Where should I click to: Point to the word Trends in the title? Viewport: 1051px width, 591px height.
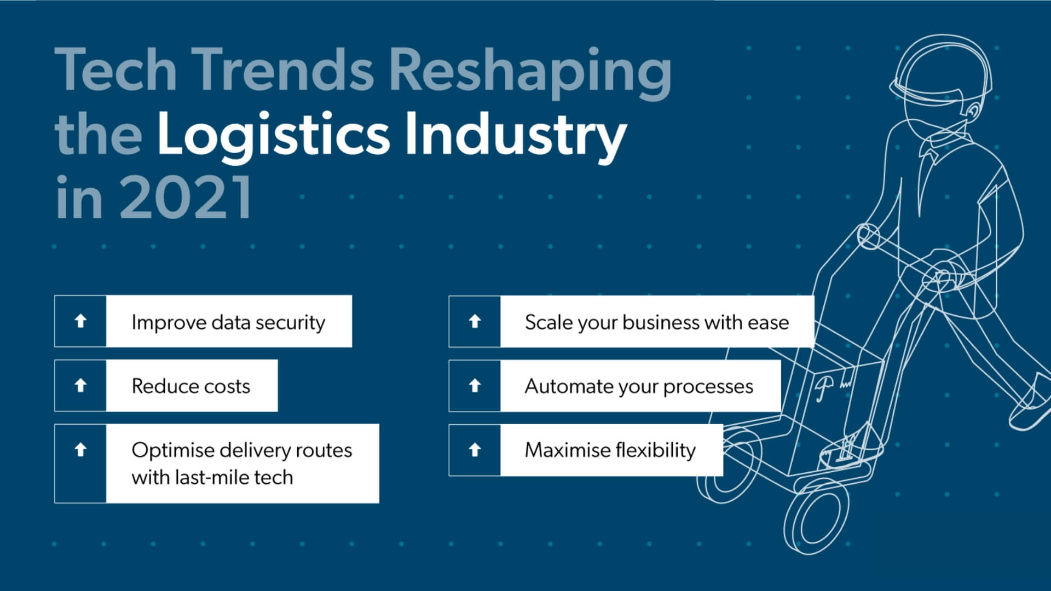(281, 70)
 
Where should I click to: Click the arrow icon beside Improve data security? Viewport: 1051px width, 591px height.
(80, 321)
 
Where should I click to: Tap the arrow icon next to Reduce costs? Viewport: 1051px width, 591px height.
(80, 385)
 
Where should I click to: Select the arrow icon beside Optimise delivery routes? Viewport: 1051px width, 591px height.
(80, 450)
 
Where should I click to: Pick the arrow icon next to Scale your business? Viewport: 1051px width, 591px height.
(475, 321)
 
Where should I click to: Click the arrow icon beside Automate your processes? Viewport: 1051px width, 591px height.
(475, 385)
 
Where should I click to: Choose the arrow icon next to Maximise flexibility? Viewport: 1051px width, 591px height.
(475, 450)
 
